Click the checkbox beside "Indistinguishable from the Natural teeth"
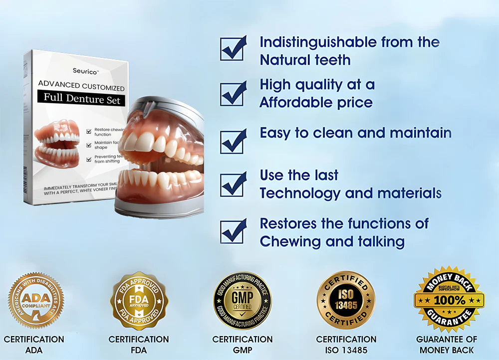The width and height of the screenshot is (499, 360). [x=233, y=49]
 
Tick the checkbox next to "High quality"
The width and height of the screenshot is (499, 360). [x=233, y=93]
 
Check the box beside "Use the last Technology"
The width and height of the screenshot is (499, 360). [x=233, y=184]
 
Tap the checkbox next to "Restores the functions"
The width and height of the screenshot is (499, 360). [x=233, y=231]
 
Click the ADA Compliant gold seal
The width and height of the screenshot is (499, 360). [x=36, y=300]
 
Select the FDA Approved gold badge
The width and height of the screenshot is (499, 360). [x=139, y=300]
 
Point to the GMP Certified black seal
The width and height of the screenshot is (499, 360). [x=243, y=300]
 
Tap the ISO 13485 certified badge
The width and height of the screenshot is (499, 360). [x=346, y=300]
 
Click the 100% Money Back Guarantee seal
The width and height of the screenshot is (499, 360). [x=449, y=299]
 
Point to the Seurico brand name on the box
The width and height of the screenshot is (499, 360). [x=84, y=71]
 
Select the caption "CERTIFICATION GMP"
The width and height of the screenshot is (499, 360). [x=243, y=345]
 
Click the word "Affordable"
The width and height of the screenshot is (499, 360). [x=291, y=103]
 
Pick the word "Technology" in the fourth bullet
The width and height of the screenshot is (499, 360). [x=301, y=193]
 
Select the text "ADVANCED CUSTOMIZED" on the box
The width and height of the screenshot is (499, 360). [x=81, y=88]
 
